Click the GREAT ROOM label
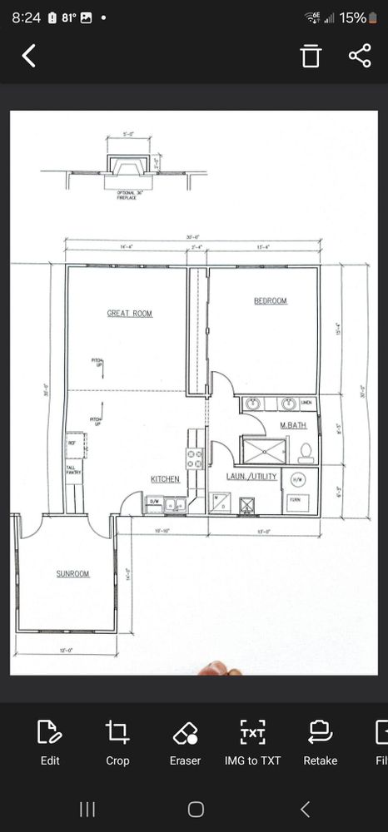tap(129, 314)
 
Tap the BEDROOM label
tap(271, 301)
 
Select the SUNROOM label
tap(72, 574)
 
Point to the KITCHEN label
tap(165, 479)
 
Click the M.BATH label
tap(293, 426)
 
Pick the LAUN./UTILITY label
tap(251, 477)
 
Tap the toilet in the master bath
tap(306, 452)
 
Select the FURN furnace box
tap(295, 501)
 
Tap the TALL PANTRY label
tap(72, 471)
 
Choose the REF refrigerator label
tap(72, 443)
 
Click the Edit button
tap(50, 742)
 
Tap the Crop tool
tap(117, 742)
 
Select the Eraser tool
tap(185, 742)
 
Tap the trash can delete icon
tap(311, 56)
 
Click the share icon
tap(359, 56)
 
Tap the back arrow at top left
tap(29, 56)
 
